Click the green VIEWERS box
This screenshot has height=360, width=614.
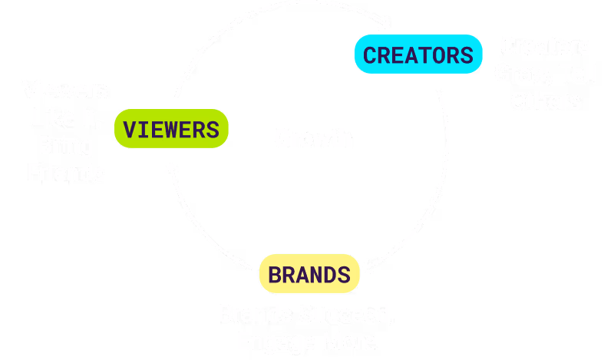pos(171,129)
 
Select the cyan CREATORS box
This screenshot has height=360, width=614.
pos(418,55)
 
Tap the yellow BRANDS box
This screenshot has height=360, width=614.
pos(309,274)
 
